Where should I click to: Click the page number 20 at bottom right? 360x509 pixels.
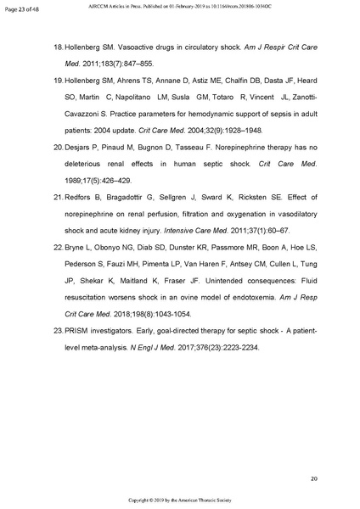(x=313, y=479)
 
